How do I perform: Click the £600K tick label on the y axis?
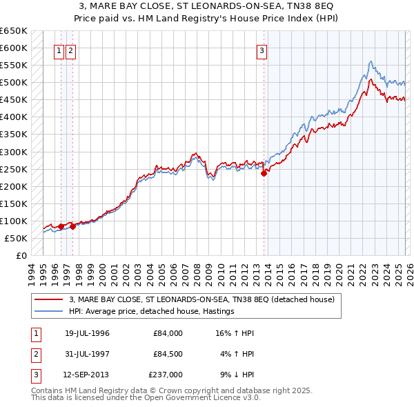pos(14,48)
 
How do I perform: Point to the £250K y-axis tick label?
pos(14,169)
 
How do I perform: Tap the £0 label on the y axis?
pos(22,255)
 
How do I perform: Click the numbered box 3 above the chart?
pos(262,50)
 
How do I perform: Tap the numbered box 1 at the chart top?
pos(59,50)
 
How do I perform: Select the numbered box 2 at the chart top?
pos(71,50)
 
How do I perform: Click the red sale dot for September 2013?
pos(264,174)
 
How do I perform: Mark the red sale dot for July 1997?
pos(73,226)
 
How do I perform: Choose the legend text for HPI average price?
pos(152,311)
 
